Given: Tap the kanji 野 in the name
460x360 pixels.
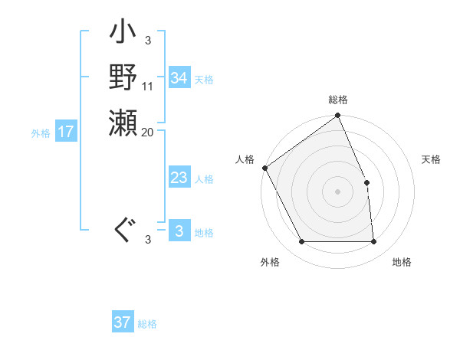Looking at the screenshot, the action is click(123, 77).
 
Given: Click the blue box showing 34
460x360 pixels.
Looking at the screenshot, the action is click(179, 78).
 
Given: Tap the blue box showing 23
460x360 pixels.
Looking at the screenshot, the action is click(179, 178).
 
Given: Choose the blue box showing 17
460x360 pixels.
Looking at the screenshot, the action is click(66, 132).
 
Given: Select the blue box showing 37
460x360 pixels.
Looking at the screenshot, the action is click(123, 322).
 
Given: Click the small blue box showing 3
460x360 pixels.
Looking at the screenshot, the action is click(179, 231).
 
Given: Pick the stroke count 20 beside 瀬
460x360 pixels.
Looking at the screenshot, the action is click(148, 132).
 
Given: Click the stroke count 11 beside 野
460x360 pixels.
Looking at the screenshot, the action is click(148, 85).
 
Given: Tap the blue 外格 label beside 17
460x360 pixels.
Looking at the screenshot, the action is click(41, 133).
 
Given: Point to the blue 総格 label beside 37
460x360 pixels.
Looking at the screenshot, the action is click(148, 324).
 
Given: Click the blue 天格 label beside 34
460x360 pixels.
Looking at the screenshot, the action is click(204, 79).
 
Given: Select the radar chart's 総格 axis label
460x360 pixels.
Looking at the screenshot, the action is click(338, 100).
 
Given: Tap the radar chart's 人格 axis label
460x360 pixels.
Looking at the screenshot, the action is click(245, 159).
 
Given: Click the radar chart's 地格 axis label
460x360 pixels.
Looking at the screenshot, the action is click(402, 262).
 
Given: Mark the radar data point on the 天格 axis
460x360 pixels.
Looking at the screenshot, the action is click(366, 182).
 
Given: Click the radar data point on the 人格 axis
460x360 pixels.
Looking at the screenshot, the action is click(264, 168).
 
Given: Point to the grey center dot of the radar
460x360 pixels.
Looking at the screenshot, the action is click(338, 191).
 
